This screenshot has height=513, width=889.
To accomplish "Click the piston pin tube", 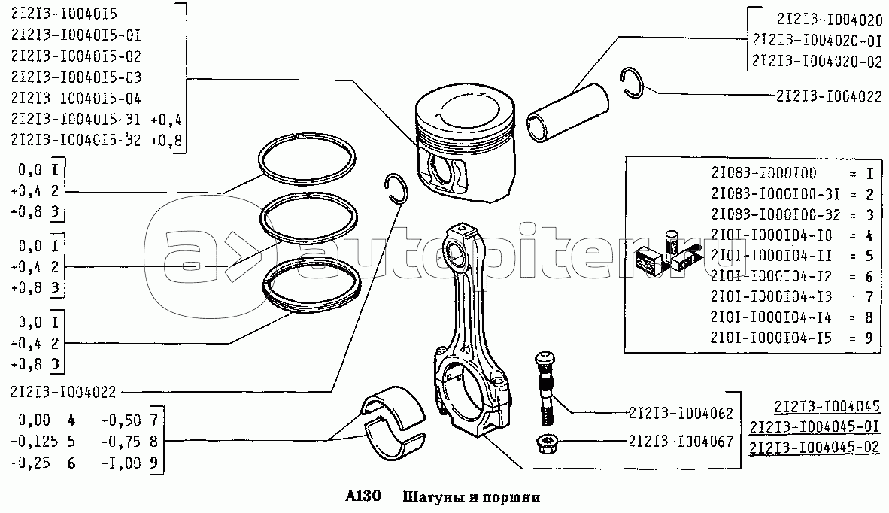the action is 568,114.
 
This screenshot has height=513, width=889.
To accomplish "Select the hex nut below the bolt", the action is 547,442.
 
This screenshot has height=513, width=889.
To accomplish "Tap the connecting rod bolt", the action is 545,388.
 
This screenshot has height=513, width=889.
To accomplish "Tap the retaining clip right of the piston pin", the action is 632,83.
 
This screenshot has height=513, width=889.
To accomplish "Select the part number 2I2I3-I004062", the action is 681,414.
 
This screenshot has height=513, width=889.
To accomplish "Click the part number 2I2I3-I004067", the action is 681,442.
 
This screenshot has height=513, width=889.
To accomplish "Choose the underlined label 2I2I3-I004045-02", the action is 815,448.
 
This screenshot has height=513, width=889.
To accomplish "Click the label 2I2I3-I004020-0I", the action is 817,41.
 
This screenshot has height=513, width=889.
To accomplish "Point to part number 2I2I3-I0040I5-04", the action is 76,99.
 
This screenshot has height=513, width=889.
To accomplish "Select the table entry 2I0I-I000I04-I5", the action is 771,338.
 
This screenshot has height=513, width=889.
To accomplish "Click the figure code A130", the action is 363,496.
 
